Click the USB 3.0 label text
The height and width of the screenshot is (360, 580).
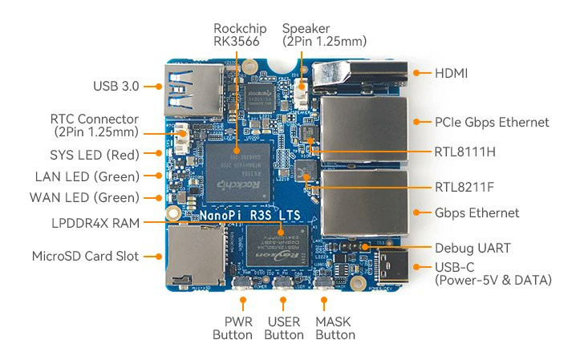(116, 86)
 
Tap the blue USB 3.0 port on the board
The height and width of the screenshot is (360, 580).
(194, 90)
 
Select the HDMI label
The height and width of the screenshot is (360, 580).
(451, 73)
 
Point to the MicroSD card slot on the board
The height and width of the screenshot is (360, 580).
(195, 255)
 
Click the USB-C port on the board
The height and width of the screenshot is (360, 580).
(393, 266)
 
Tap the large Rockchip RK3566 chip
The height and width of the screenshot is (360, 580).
(237, 172)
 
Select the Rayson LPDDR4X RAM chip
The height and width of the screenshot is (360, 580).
(278, 245)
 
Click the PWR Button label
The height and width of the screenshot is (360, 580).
(233, 328)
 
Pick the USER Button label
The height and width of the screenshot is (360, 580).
(284, 328)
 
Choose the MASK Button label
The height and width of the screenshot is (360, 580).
(335, 328)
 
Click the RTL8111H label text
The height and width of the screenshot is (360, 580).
(464, 152)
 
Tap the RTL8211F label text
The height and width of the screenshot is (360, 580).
(464, 187)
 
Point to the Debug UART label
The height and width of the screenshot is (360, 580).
(473, 248)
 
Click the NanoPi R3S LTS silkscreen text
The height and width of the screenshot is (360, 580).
(250, 215)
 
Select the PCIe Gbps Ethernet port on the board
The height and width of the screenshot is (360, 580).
(365, 128)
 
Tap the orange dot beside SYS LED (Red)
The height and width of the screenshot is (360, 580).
(159, 153)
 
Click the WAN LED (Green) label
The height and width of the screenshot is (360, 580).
(84, 197)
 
